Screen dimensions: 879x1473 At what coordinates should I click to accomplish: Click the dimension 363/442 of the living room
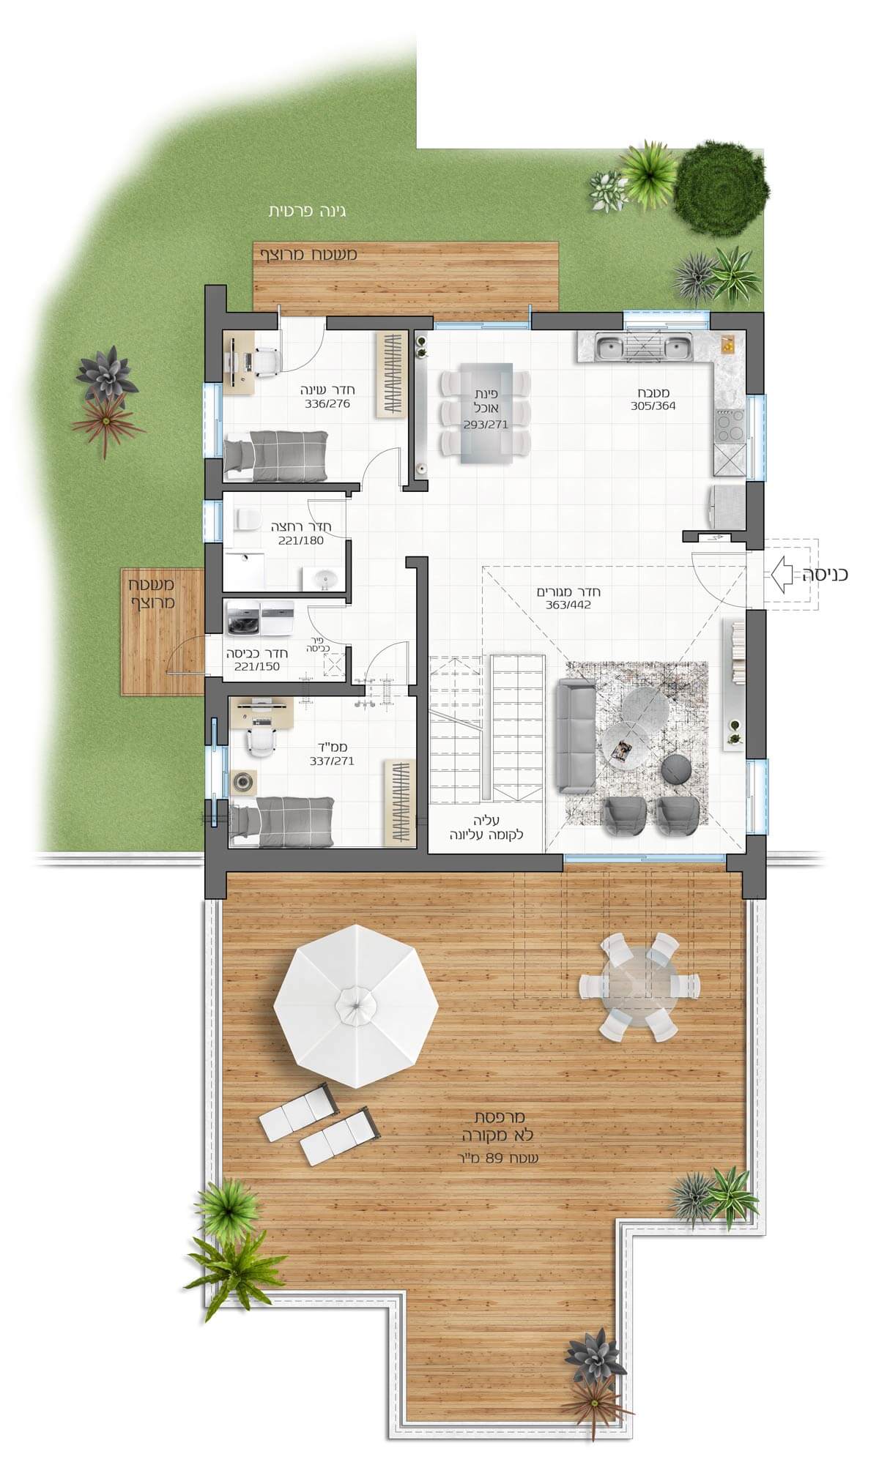[x=568, y=605]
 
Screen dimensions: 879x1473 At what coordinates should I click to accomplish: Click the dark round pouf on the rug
[x=677, y=771]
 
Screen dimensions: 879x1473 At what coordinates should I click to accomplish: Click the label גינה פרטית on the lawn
[x=307, y=212]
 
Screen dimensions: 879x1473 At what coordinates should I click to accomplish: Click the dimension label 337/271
[x=332, y=761]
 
